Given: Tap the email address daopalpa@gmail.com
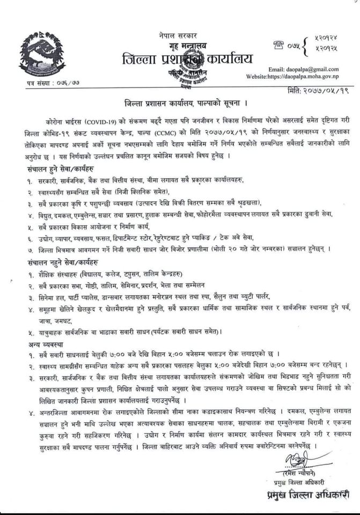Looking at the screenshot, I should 303,69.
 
